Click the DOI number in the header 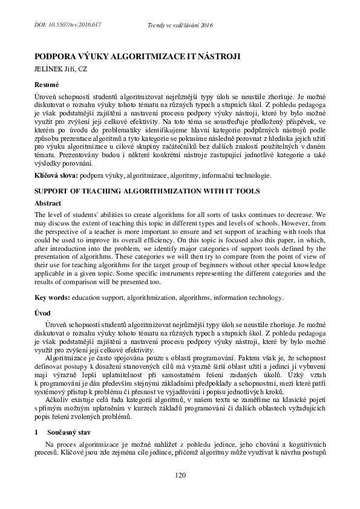[67, 24]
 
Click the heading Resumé [46, 85]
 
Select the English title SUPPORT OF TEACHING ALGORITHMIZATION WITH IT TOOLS [146, 191]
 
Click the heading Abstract [48, 204]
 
